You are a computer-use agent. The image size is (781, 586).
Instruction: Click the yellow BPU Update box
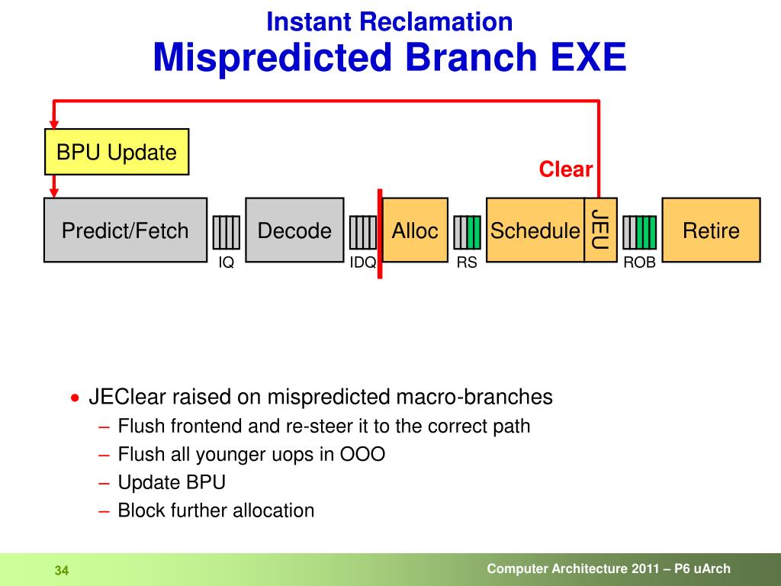click(117, 152)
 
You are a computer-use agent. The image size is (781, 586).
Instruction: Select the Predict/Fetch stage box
click(126, 230)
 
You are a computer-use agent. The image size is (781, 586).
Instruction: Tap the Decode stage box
click(295, 230)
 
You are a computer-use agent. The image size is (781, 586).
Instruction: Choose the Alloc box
click(415, 230)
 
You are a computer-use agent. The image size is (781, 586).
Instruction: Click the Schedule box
click(535, 230)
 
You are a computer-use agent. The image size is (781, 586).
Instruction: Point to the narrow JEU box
click(601, 230)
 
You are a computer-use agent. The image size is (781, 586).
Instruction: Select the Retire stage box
click(711, 230)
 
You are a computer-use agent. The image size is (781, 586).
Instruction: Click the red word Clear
click(565, 169)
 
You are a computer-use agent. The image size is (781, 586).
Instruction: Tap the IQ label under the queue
click(226, 262)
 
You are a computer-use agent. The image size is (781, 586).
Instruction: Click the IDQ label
click(362, 262)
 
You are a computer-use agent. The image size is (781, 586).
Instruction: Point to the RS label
click(467, 262)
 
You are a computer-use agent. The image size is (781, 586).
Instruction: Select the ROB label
click(640, 262)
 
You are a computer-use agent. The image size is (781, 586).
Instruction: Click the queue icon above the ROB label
click(640, 232)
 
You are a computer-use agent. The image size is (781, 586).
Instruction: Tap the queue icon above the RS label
click(468, 232)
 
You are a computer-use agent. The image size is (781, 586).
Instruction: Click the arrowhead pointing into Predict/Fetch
click(54, 193)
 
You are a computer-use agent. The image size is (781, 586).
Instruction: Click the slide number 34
click(62, 571)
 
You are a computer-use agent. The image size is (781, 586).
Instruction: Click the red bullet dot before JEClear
click(75, 398)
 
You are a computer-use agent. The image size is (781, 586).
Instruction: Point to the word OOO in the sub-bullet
click(362, 455)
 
